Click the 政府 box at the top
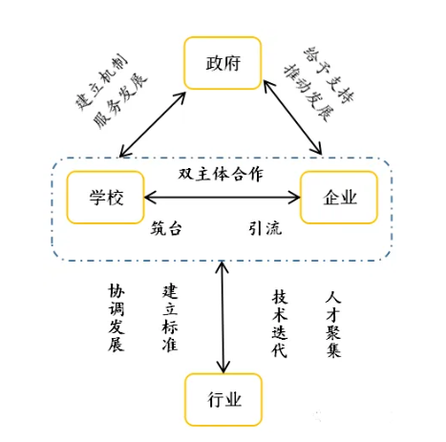click(x=222, y=64)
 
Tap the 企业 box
click(x=340, y=198)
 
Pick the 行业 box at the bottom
click(x=223, y=398)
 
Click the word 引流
click(x=265, y=229)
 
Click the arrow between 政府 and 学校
click(x=151, y=122)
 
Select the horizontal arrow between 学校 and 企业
click(x=221, y=198)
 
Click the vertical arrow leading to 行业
click(x=223, y=316)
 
